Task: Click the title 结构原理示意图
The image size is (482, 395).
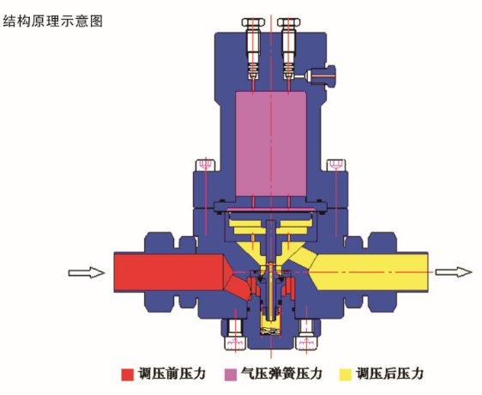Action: [53, 21]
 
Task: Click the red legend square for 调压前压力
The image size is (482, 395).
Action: [127, 374]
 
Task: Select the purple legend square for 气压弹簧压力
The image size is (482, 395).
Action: [231, 374]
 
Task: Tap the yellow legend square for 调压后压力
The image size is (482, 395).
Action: [345, 374]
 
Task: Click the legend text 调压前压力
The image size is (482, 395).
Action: [172, 374]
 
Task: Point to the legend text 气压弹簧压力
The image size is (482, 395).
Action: [281, 374]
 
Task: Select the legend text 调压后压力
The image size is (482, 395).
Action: [389, 374]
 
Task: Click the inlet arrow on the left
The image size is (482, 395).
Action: [87, 273]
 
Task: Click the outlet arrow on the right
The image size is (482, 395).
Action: [454, 272]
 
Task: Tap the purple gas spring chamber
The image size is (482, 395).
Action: [270, 143]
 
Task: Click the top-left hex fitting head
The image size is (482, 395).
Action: [253, 22]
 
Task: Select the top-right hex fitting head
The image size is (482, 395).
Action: [289, 22]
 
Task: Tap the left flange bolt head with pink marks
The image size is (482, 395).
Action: [205, 165]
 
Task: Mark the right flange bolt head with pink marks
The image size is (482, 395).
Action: [336, 165]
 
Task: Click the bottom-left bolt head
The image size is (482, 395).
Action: [236, 343]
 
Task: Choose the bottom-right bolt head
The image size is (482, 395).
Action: [306, 343]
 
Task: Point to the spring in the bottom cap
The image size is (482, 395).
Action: [270, 331]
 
